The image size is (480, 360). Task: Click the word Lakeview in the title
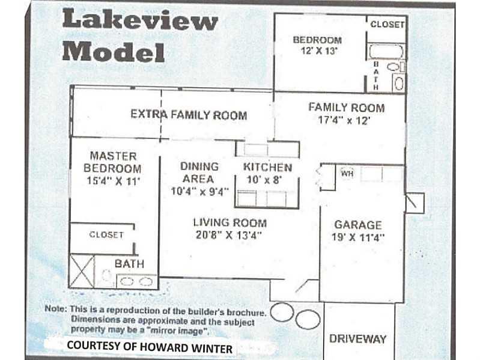[140, 20]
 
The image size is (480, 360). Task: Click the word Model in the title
[114, 52]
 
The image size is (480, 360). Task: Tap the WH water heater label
[347, 174]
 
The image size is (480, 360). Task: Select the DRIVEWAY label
[357, 339]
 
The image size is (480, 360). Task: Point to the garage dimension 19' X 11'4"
[358, 237]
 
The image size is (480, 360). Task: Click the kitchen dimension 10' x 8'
[264, 180]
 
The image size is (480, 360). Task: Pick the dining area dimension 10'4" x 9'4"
[199, 192]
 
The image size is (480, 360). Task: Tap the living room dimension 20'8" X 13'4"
[229, 235]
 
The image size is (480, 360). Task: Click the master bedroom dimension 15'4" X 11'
[114, 181]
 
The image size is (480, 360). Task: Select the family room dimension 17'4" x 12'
[344, 120]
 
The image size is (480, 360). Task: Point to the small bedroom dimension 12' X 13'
[318, 51]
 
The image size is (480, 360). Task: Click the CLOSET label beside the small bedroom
[387, 24]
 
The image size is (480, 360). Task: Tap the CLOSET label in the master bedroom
[106, 235]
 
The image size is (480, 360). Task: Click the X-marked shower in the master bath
[82, 271]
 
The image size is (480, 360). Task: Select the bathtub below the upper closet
[386, 51]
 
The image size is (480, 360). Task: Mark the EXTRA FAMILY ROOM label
[189, 115]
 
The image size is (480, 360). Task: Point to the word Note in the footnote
[55, 308]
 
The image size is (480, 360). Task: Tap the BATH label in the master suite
[129, 264]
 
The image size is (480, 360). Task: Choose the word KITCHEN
[267, 168]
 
